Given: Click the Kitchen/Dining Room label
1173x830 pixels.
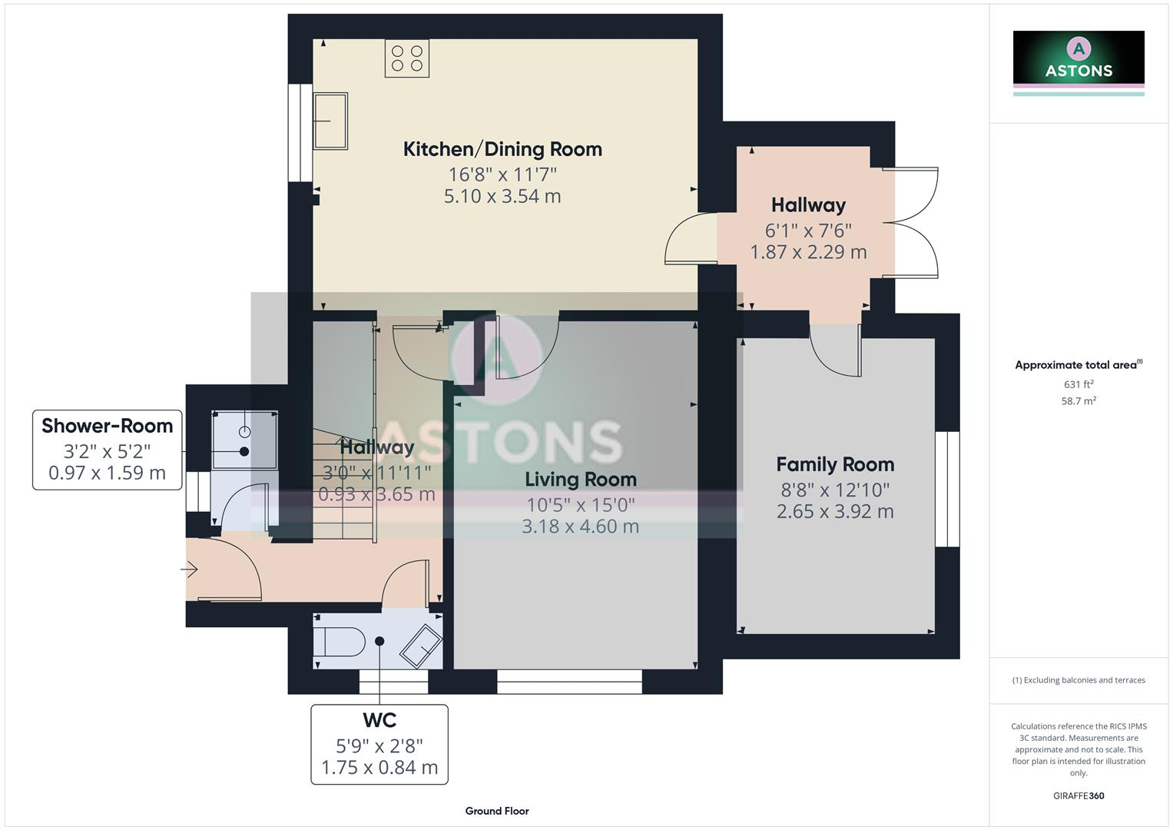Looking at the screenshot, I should pyautogui.click(x=502, y=149).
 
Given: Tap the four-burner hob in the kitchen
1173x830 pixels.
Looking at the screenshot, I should pyautogui.click(x=407, y=58).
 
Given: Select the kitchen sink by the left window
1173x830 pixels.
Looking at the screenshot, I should pyautogui.click(x=330, y=121).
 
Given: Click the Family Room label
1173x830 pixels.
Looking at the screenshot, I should pyautogui.click(x=835, y=464).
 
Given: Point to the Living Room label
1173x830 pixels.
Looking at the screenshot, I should pyautogui.click(x=581, y=480).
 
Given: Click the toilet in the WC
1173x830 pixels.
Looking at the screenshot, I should pyautogui.click(x=340, y=642).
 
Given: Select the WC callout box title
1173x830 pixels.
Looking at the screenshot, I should pyautogui.click(x=379, y=720).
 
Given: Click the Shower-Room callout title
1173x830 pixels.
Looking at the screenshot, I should pyautogui.click(x=107, y=426).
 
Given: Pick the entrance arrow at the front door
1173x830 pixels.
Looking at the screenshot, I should pyautogui.click(x=189, y=569).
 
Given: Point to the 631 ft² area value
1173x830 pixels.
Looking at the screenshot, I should pyautogui.click(x=1079, y=384).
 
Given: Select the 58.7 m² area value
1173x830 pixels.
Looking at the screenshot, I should pyautogui.click(x=1079, y=400).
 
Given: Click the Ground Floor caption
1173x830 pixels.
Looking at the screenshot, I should pyautogui.click(x=497, y=811).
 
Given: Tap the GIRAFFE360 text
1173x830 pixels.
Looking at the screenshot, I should pyautogui.click(x=1079, y=795).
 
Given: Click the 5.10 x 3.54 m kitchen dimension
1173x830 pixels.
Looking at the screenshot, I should pyautogui.click(x=502, y=196).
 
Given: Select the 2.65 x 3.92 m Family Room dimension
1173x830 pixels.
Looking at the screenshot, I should pyautogui.click(x=835, y=511).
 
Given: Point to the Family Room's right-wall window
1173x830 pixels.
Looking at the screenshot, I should pyautogui.click(x=947, y=489).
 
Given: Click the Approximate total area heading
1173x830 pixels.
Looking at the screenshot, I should pyautogui.click(x=1077, y=365).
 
